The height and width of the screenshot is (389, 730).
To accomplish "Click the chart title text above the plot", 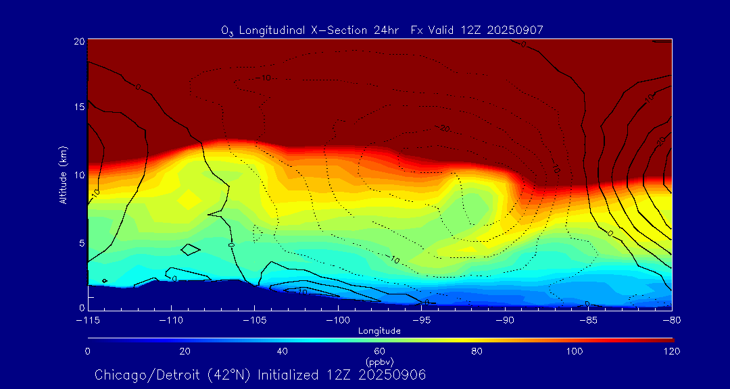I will tap(382, 30).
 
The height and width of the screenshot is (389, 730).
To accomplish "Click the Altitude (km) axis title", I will tap(63, 175).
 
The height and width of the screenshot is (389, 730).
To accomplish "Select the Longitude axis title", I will tap(379, 331).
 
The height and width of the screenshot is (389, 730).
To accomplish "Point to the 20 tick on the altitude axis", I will tap(80, 41).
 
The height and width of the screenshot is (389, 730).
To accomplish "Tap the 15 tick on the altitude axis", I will tap(80, 107).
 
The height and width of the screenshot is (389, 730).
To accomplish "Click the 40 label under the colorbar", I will tap(283, 351).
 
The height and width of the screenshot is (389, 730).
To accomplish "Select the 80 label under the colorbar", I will tap(477, 351).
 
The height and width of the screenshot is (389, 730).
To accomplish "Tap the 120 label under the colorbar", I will tap(671, 351).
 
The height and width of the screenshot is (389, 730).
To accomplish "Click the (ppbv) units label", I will tap(379, 361).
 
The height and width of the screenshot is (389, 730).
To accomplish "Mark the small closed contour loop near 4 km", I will tap(191, 249).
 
